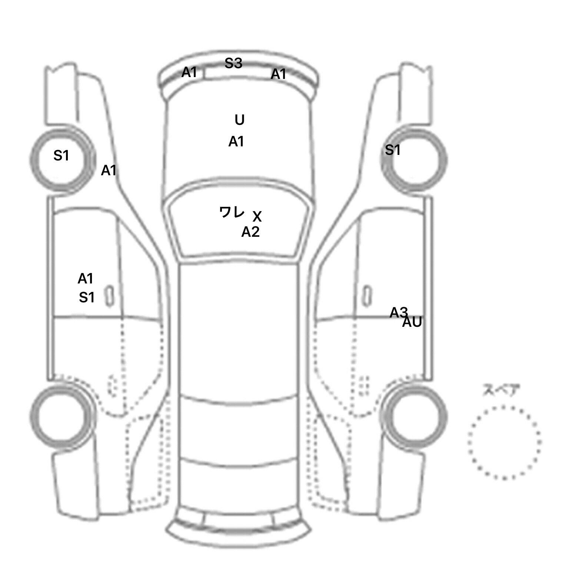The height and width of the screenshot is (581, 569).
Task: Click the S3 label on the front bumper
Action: (233, 63)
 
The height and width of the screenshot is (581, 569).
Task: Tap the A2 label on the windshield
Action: (250, 232)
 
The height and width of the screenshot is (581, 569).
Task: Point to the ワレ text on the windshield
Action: (232, 212)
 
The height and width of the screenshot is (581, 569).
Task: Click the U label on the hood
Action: (240, 120)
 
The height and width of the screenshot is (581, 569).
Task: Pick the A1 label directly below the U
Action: (236, 142)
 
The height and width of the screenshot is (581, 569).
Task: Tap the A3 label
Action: (399, 313)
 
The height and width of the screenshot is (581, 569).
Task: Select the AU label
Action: (412, 322)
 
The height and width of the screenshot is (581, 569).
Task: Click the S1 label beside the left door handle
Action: (87, 298)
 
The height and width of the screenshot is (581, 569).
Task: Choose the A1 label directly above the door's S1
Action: (85, 279)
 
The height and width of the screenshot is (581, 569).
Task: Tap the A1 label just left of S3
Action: (189, 72)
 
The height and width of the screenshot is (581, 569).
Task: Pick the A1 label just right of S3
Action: (279, 74)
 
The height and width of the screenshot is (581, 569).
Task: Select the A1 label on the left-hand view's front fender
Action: (109, 170)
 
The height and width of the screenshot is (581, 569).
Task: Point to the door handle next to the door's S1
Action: (110, 296)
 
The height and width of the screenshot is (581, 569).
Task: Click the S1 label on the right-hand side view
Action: (393, 150)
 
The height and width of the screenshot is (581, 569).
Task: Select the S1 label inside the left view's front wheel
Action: (61, 156)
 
